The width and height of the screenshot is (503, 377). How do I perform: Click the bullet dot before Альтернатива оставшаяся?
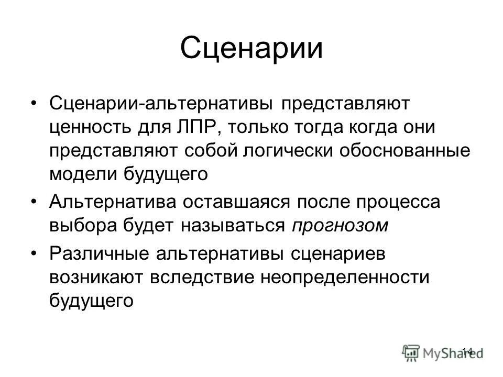(34, 202)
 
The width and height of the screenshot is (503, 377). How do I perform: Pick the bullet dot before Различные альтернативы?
(34, 253)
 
